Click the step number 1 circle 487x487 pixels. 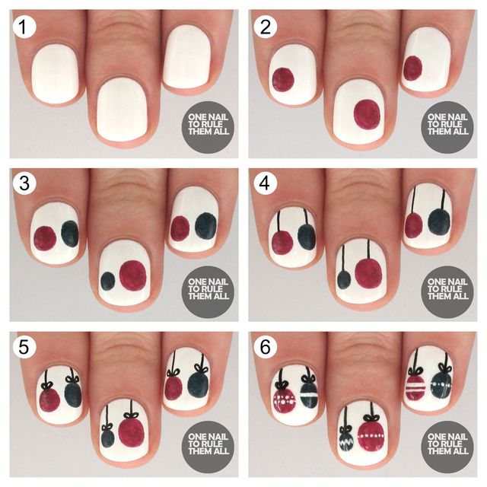pyautogui.click(x=24, y=27)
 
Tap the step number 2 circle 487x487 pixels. pyautogui.click(x=265, y=27)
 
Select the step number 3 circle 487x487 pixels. pyautogui.click(x=24, y=183)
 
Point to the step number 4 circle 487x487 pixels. pyautogui.click(x=265, y=183)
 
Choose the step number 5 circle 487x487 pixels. pyautogui.click(x=24, y=347)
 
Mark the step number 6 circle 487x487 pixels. pyautogui.click(x=265, y=347)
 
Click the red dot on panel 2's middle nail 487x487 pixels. pyautogui.click(x=367, y=114)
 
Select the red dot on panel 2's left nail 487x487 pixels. pyautogui.click(x=283, y=79)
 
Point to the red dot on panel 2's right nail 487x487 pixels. pyautogui.click(x=412, y=68)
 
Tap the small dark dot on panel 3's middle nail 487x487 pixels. pyautogui.click(x=108, y=282)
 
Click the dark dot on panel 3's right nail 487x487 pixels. pyautogui.click(x=206, y=226)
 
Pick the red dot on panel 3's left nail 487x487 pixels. pyautogui.click(x=45, y=238)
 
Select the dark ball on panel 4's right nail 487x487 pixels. pyautogui.click(x=439, y=221)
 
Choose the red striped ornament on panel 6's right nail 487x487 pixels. pyautogui.click(x=415, y=387)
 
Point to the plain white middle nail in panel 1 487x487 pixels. pyautogui.click(x=123, y=109)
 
